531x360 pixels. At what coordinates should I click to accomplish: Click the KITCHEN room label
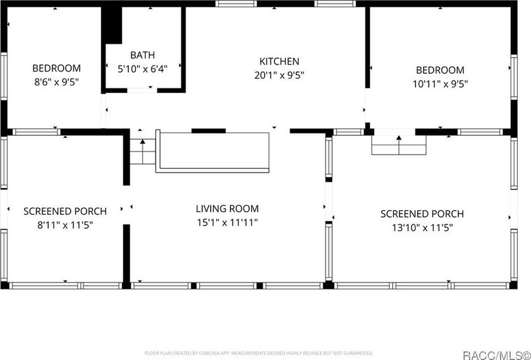point(279,61)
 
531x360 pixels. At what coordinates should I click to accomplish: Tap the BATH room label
point(142,55)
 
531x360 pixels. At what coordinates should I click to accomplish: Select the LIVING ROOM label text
point(227,208)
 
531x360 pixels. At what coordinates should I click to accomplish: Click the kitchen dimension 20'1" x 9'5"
point(279,75)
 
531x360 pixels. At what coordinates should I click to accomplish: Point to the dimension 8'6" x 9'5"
point(57,81)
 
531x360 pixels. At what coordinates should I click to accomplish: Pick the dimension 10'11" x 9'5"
point(440,83)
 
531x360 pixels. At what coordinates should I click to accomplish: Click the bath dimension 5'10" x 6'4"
point(142,68)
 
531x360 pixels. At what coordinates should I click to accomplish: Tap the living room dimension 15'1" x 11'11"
point(227,222)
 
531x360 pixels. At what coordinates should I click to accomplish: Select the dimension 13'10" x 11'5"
point(422,227)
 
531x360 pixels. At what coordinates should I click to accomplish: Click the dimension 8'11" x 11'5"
point(65,224)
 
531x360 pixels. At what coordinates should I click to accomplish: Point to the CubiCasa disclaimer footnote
point(259,352)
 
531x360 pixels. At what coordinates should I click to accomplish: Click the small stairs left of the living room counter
point(142,152)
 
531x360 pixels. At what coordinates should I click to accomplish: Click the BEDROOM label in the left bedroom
point(57,68)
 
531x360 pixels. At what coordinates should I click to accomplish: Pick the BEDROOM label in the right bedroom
point(440,70)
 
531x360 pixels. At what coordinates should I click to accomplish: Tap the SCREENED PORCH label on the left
point(65,211)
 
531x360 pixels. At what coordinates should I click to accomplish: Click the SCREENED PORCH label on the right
point(422,214)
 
